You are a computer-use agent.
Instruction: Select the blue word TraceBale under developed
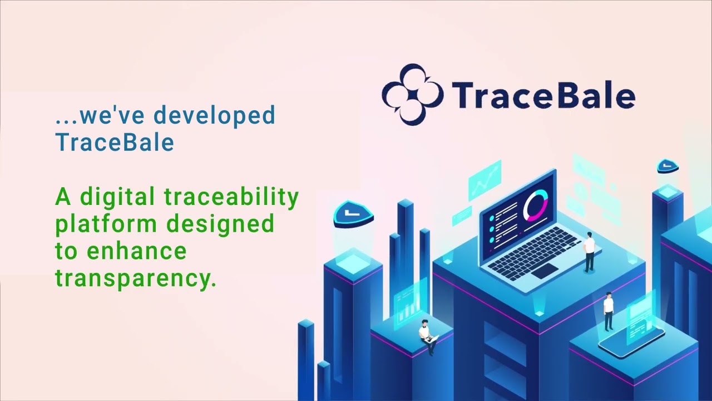click(115, 142)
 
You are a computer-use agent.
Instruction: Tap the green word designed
click(221, 224)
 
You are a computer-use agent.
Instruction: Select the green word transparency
click(135, 277)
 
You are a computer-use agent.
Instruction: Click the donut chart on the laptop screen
click(535, 205)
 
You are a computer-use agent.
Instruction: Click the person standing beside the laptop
click(589, 252)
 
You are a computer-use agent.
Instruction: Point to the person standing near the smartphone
click(609, 311)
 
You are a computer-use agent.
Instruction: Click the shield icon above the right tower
click(667, 166)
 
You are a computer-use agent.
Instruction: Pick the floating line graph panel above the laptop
click(484, 179)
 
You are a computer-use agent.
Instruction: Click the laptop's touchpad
click(545, 271)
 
